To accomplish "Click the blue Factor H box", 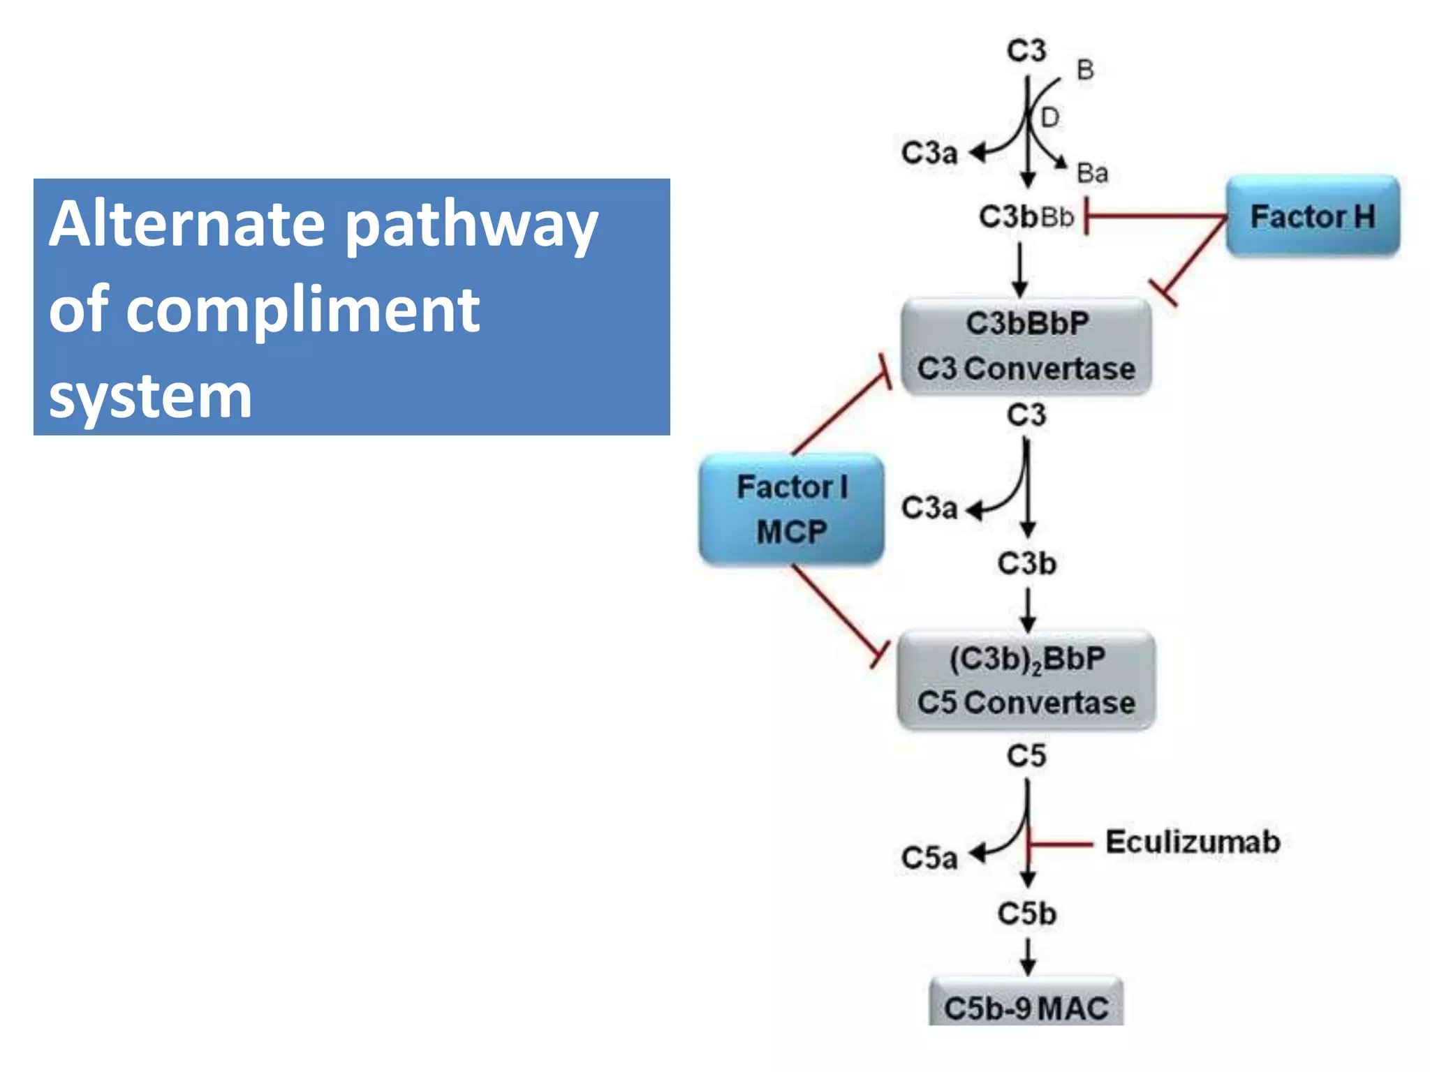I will click(x=1313, y=216).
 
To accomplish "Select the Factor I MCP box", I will click(x=792, y=509).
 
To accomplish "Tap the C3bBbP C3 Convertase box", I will click(x=1026, y=346).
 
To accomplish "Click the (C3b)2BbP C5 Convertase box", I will click(x=1026, y=680).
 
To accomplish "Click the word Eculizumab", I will click(x=1193, y=842).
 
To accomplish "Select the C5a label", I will click(x=929, y=858).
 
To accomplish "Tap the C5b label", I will click(x=1026, y=914).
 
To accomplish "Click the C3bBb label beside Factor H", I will click(x=1025, y=217).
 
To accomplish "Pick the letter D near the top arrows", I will click(x=1049, y=118).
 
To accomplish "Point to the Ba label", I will click(x=1092, y=173).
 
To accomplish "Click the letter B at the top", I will click(x=1085, y=70).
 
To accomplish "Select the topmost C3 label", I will click(x=1026, y=50).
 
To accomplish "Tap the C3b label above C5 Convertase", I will click(x=1026, y=563).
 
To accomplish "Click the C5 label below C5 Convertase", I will click(x=1026, y=756).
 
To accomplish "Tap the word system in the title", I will click(x=150, y=396).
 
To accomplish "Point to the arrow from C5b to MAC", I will click(x=1027, y=956).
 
